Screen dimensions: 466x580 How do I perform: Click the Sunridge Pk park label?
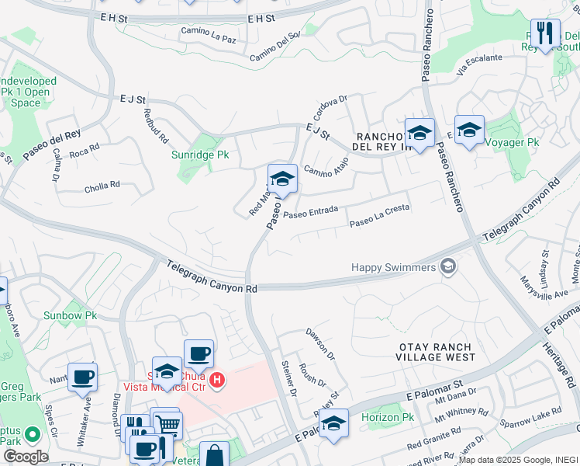coord(200,155)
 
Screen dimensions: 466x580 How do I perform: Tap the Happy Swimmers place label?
coord(393,267)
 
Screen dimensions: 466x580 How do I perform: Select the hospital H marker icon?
coord(219,381)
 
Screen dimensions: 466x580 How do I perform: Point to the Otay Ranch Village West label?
coord(437,352)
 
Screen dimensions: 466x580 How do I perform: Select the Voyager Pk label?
coord(511,142)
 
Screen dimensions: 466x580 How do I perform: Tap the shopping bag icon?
coord(214,454)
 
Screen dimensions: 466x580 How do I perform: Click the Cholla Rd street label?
coord(102,186)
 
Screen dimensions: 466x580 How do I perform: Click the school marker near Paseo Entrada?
coord(282,179)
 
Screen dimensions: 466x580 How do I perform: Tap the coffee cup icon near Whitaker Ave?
coord(82,376)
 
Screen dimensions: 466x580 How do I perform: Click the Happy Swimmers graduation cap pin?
coord(447,268)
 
